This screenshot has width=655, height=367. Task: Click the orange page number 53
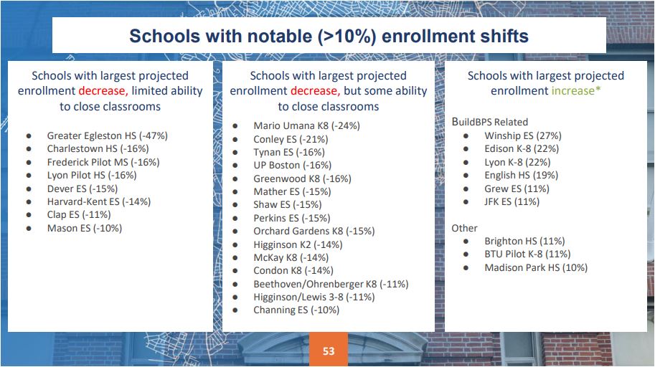click(329, 351)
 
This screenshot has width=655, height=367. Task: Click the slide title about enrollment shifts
click(329, 36)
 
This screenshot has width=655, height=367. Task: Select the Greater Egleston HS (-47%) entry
click(108, 135)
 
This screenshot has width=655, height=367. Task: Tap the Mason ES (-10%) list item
click(85, 228)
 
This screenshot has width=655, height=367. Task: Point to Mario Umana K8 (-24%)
click(306, 125)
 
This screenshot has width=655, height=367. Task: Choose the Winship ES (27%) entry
click(523, 135)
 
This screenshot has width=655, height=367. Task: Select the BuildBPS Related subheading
click(489, 122)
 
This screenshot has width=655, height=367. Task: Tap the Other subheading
click(464, 228)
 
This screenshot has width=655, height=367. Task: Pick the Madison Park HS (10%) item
click(536, 267)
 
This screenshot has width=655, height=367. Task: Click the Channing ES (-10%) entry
click(296, 310)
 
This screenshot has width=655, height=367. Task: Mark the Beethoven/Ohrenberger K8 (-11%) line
click(331, 284)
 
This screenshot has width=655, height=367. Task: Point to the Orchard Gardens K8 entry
click(314, 231)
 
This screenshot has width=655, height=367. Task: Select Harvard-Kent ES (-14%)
click(99, 201)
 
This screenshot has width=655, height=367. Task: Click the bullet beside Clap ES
click(29, 215)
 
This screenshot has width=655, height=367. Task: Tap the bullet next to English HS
click(466, 176)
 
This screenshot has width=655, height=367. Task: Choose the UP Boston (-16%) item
click(293, 165)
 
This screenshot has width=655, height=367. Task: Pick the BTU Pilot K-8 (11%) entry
click(527, 254)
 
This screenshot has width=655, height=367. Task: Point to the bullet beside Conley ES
click(235, 140)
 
